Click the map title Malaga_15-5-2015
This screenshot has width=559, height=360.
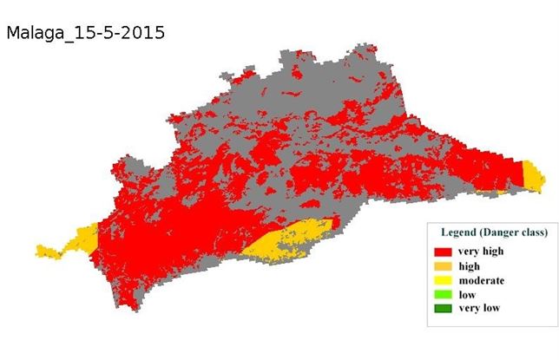[x=85, y=33]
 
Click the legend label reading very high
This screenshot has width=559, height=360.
[x=481, y=252]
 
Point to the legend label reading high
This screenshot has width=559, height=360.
[x=469, y=266]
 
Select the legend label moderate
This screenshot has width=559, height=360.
[x=481, y=280]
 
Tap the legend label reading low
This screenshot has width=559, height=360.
[x=467, y=294]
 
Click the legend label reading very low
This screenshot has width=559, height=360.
[x=479, y=308]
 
